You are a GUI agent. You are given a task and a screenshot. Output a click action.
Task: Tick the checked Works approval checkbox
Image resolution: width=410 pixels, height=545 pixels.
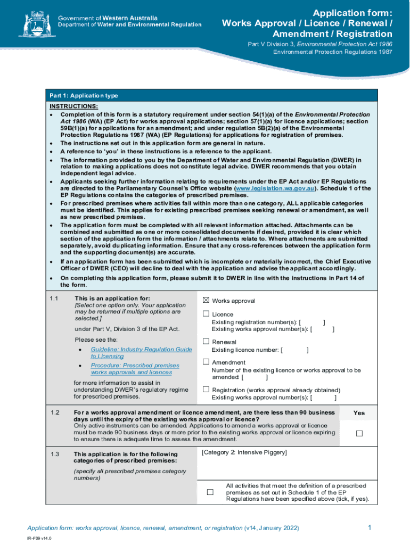click(206, 300)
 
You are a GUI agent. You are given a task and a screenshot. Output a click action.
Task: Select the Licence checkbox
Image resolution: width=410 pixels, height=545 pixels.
click(206, 314)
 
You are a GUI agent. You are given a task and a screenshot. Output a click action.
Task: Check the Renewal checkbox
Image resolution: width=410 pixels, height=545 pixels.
click(206, 341)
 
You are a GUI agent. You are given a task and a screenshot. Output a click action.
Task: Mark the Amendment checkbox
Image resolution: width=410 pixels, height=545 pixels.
click(206, 362)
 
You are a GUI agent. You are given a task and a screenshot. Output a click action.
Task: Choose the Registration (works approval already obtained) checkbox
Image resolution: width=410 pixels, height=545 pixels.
click(206, 389)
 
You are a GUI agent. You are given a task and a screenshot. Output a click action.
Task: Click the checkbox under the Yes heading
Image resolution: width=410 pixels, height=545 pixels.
click(359, 433)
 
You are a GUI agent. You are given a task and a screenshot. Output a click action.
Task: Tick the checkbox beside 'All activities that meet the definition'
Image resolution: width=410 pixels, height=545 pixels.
click(210, 492)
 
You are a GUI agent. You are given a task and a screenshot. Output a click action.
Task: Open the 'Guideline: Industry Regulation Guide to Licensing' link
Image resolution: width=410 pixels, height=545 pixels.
click(141, 352)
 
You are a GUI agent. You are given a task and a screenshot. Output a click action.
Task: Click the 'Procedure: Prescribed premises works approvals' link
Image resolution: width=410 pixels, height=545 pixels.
click(135, 369)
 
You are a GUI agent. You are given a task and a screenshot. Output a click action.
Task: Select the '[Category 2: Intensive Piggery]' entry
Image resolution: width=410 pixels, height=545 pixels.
click(244, 452)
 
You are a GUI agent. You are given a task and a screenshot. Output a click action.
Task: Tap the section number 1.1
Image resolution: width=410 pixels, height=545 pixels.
click(54, 298)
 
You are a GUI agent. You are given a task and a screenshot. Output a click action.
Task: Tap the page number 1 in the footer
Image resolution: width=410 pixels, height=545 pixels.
click(370, 527)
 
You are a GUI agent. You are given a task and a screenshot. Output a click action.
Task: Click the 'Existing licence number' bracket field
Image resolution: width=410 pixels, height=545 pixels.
click(294, 350)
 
